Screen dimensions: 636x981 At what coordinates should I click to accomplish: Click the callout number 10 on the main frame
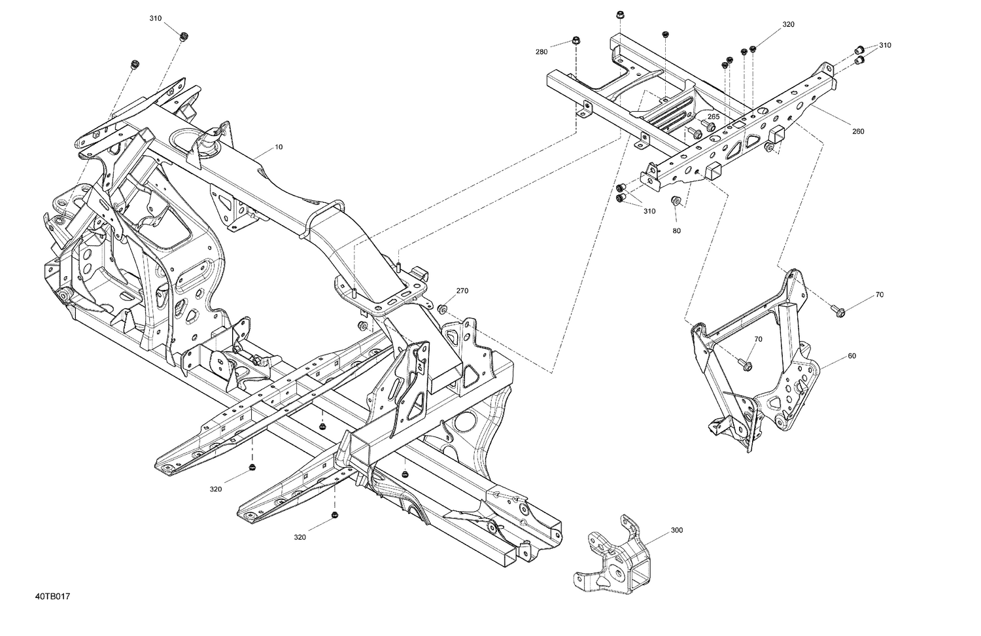point(279,147)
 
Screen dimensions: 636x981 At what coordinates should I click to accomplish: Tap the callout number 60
point(852,356)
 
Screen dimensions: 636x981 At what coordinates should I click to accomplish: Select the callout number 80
point(676,231)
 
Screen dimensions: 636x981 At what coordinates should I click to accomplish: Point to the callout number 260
point(857,132)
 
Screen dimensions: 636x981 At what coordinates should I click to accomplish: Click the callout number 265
point(714,117)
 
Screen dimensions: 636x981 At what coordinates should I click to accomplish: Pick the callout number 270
point(462,291)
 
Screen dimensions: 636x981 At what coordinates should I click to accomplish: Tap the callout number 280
point(542,52)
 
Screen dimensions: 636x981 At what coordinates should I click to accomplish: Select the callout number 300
point(677,530)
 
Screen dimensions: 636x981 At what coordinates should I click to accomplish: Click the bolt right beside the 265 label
point(707,124)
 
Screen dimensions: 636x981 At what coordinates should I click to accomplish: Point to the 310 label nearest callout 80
point(649,211)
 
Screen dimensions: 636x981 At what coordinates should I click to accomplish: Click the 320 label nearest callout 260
point(788,25)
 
